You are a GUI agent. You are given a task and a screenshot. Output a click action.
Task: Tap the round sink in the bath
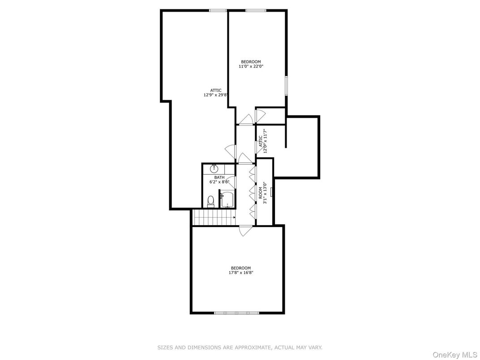pyautogui.click(x=214, y=168)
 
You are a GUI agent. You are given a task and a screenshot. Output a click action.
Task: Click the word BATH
pyautogui.click(x=219, y=177)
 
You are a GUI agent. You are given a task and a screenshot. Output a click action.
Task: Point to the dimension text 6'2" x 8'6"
pyautogui.click(x=219, y=182)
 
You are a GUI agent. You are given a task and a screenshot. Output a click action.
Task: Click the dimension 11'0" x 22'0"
pyautogui.click(x=251, y=66)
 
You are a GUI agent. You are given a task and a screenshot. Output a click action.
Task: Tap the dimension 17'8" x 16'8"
pyautogui.click(x=241, y=272)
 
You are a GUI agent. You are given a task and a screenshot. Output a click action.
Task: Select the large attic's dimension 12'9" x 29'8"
pyautogui.click(x=216, y=95)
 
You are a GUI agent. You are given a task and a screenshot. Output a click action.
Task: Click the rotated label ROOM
pyautogui.click(x=260, y=193)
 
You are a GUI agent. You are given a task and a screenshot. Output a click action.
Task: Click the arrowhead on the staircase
pyautogui.click(x=234, y=218)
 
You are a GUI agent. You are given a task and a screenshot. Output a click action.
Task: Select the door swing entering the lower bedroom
pyautogui.click(x=245, y=231)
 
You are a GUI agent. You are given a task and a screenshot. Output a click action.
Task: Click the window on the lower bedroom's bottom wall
pyautogui.click(x=237, y=313)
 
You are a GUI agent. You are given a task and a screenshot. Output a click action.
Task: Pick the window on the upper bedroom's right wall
pyautogui.click(x=287, y=85)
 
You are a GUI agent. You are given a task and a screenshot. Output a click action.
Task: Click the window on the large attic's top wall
pyautogui.click(x=218, y=10)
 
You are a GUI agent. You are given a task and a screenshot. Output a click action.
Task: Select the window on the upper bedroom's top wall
pyautogui.click(x=256, y=10)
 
